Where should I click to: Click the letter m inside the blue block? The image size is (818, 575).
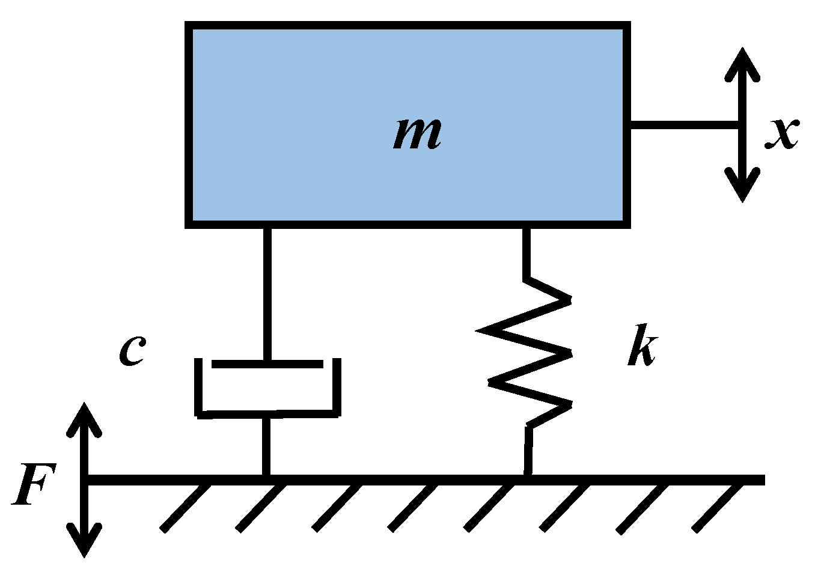coord(417,133)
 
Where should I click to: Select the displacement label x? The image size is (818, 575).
coord(782,133)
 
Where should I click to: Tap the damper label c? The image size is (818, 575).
coord(132,350)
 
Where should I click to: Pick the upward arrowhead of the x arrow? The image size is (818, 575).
coord(743,63)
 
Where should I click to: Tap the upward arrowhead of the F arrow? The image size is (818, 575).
coord(84,418)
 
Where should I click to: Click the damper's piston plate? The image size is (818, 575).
coord(267,364)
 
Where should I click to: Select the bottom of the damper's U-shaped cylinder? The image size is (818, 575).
coord(267,413)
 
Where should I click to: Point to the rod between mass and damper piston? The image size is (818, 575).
coord(267,294)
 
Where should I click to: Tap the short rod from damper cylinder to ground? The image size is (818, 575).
coord(266,446)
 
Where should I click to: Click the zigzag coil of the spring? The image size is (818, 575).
coord(529,354)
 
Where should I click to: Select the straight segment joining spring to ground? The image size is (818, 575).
coord(528,451)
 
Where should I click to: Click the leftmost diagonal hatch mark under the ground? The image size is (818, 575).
coord(186,507)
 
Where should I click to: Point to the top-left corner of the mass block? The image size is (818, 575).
coord(188,25)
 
